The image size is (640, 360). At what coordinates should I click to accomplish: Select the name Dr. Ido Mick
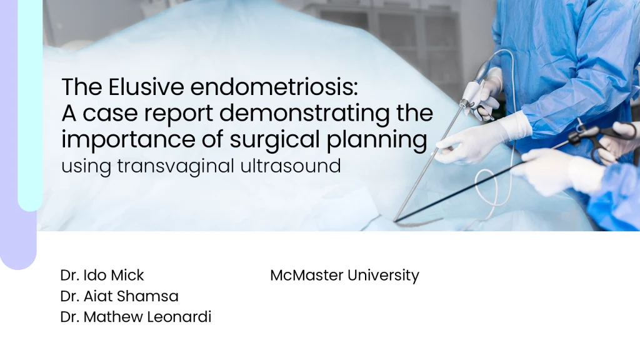pyautogui.click(x=102, y=275)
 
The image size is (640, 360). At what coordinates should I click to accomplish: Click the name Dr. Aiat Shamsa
pyautogui.click(x=119, y=296)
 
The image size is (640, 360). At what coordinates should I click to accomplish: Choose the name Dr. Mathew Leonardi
pyautogui.click(x=136, y=317)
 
